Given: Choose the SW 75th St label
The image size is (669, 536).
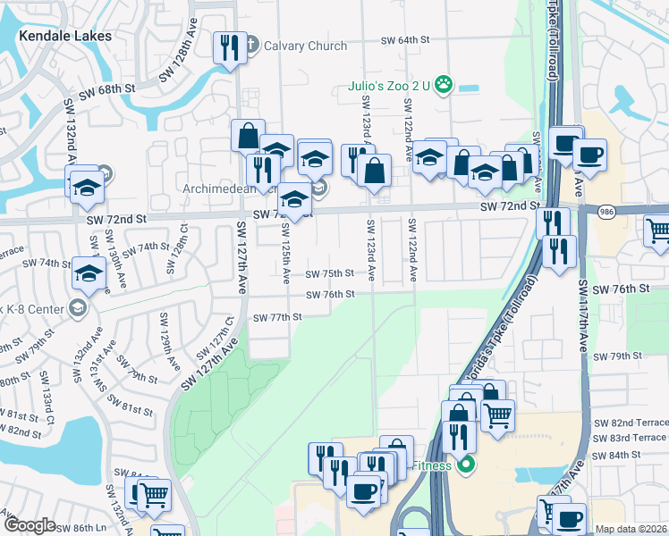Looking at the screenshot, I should tap(330, 274).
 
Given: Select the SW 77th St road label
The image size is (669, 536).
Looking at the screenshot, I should tap(277, 317).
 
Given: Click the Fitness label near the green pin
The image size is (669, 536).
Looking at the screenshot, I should tap(431, 465).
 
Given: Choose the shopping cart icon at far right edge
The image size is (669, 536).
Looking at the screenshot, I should tap(658, 231).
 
